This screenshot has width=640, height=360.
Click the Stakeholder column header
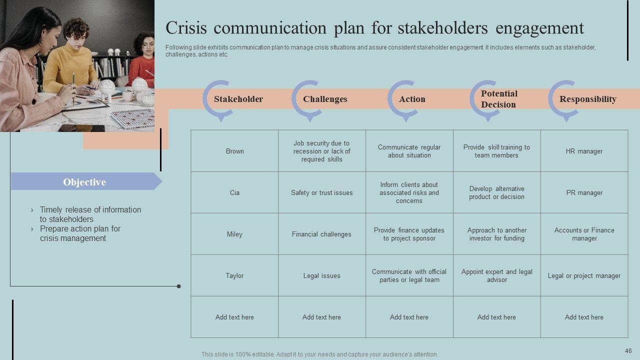(x=238, y=99)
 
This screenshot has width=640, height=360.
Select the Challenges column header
(x=325, y=99)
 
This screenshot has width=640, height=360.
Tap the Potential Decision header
(x=499, y=99)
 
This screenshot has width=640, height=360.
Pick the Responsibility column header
(x=587, y=99)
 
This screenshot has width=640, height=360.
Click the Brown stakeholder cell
(x=234, y=151)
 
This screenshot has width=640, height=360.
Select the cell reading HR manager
(x=584, y=151)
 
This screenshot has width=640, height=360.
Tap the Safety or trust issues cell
(x=321, y=192)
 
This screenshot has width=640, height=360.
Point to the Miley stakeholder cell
(x=234, y=234)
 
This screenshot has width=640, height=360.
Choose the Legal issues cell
(x=321, y=275)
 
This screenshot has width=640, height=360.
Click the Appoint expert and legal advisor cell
(x=496, y=275)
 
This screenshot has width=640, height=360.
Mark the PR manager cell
(x=584, y=192)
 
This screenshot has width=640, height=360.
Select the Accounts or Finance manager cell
(x=584, y=234)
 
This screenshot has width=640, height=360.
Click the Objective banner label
(x=84, y=182)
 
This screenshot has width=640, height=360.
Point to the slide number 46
(x=628, y=351)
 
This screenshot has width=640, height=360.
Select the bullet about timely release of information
(x=90, y=214)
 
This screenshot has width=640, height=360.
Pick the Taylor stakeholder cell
(x=234, y=275)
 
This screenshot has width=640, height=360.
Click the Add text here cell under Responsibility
(x=584, y=317)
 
